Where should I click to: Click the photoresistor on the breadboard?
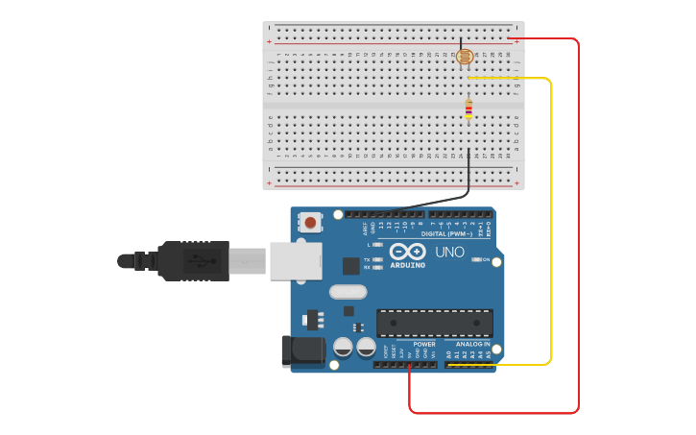click(465, 57)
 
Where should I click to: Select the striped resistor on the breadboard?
click(468, 110)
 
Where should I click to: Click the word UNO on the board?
click(450, 253)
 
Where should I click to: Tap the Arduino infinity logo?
click(408, 251)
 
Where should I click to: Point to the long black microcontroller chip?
click(434, 323)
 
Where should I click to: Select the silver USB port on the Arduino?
click(296, 260)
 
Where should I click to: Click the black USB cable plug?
click(192, 260)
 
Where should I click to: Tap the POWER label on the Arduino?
click(424, 344)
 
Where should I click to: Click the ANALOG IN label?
click(472, 344)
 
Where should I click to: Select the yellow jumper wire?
click(551, 221)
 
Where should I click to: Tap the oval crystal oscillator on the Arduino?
click(348, 292)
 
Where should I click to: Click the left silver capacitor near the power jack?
click(343, 347)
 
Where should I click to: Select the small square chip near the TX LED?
click(351, 266)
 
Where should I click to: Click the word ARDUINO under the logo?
click(408, 265)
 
